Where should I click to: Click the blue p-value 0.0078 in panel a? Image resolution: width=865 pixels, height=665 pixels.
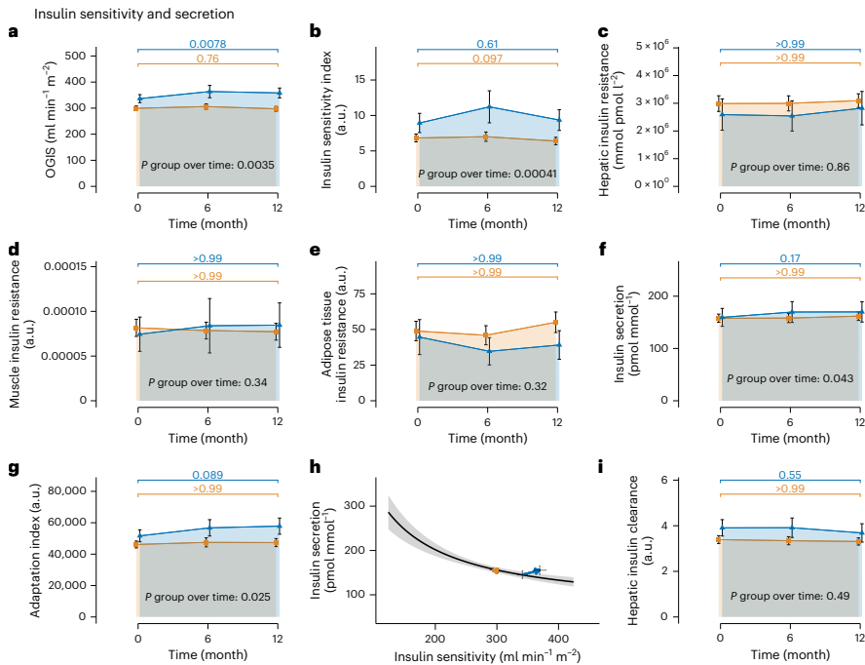207,44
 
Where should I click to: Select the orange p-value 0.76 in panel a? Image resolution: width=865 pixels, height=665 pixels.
207,59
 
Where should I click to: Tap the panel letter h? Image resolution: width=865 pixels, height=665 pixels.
315,467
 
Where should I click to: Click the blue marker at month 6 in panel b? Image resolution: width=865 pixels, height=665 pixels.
488,106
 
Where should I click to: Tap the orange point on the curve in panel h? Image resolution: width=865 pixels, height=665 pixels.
496,570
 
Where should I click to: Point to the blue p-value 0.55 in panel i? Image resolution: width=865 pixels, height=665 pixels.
789,475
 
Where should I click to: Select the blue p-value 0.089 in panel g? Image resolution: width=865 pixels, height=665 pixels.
207,475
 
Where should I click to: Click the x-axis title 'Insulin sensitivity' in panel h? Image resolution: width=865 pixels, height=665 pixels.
487,655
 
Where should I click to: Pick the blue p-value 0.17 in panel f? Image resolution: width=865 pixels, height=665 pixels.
789,258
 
